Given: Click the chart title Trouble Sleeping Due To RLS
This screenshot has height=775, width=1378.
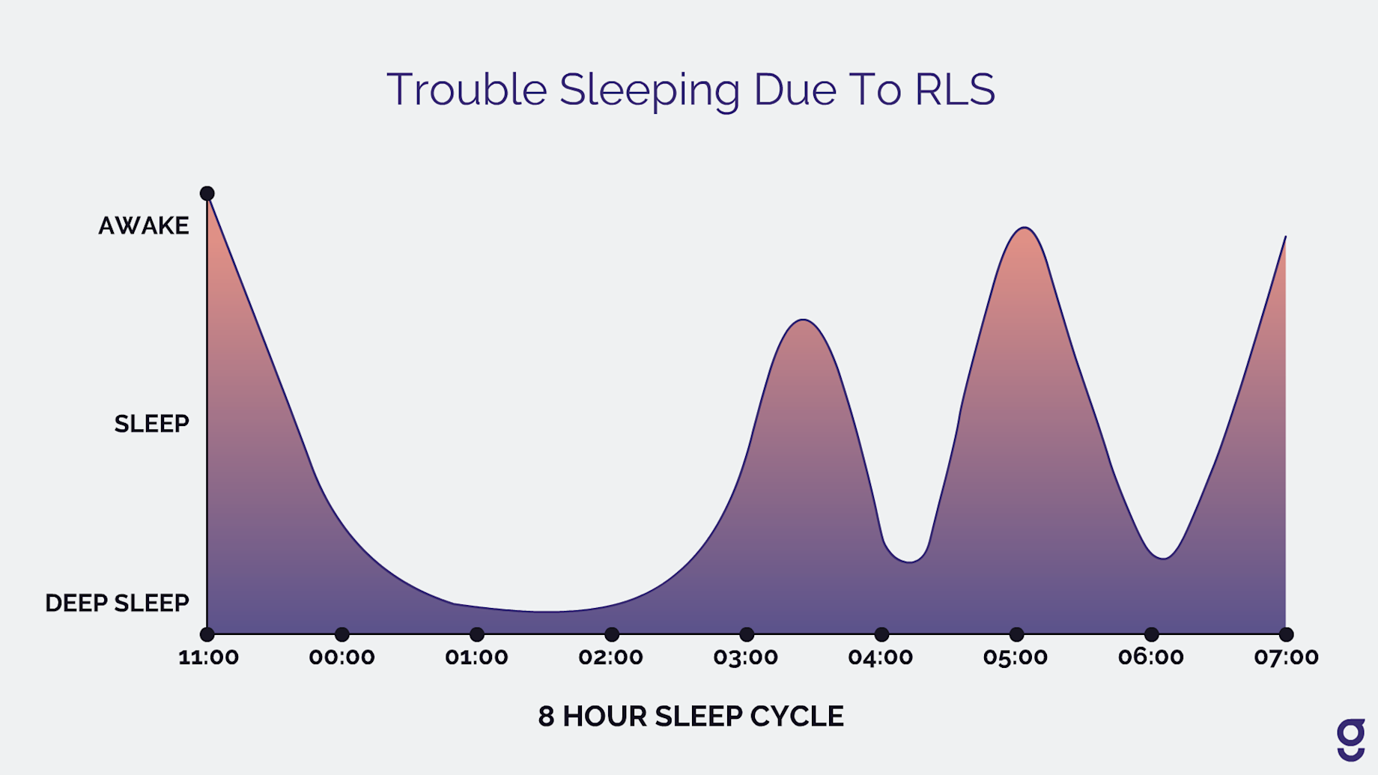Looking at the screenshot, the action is [690, 90].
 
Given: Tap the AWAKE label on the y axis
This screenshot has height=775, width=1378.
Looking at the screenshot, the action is [144, 225].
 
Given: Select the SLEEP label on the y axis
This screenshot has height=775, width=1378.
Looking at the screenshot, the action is [151, 424].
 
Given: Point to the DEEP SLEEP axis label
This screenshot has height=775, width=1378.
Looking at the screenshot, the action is [117, 603].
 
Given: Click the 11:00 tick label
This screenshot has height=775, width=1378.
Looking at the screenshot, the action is [208, 657].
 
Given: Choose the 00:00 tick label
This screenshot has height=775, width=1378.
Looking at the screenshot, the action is [342, 657].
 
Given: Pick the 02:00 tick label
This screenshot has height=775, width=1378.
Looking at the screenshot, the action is [610, 657].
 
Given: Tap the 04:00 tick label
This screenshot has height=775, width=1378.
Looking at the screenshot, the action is [880, 657].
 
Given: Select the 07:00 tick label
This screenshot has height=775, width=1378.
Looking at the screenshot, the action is [1286, 657].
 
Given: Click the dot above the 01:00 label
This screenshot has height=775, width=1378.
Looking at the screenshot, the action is [477, 634].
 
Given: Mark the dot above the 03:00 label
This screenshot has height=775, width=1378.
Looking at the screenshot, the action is [747, 634].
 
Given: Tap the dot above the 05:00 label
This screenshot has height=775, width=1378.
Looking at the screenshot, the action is [1016, 634].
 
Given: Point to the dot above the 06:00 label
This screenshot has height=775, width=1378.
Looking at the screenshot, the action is [1152, 634].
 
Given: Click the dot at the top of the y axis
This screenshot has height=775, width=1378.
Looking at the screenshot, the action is [207, 193].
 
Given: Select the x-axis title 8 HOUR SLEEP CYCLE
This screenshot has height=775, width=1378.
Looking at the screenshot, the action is [690, 717].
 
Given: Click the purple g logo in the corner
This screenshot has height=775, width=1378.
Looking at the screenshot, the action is [1351, 740].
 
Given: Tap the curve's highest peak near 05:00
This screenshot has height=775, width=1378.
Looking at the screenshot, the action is [1024, 228].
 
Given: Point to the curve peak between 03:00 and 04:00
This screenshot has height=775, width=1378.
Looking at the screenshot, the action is [803, 320].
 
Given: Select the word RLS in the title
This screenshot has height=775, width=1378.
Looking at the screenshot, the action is [954, 90].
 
